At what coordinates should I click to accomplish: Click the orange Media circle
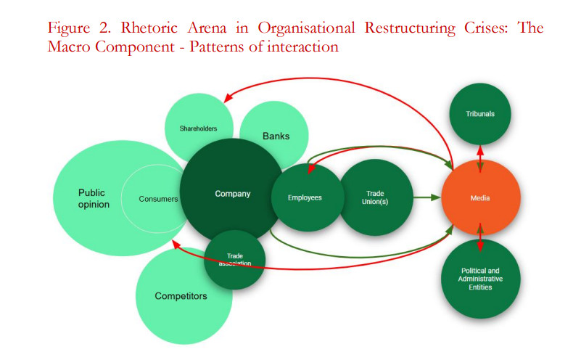[x=480, y=197]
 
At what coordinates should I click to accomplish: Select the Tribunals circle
[x=480, y=114]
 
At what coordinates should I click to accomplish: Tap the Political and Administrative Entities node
[x=480, y=279]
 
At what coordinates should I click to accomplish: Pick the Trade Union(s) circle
[x=376, y=197]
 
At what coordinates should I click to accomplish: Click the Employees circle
[x=306, y=197]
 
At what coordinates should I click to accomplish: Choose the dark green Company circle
[x=231, y=193]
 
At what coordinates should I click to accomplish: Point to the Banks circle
[x=275, y=136]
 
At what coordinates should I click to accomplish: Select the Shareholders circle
[x=199, y=128]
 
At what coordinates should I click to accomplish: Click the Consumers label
[x=157, y=198]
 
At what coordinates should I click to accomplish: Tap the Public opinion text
[x=93, y=198]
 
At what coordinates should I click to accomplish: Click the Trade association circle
[x=234, y=259]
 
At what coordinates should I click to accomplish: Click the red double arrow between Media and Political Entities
[x=480, y=238]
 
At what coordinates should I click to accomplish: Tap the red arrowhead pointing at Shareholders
[x=227, y=101]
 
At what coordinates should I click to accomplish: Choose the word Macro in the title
[x=70, y=47]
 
